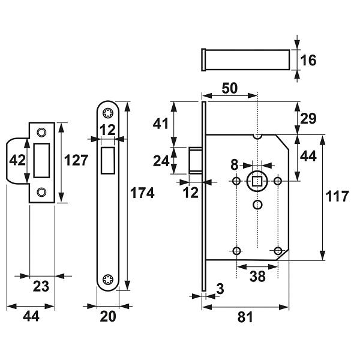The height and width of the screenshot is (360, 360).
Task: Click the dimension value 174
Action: click(142, 193)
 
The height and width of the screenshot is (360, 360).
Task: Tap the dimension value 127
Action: click(76, 160)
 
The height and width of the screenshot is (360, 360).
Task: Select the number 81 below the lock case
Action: click(245, 317)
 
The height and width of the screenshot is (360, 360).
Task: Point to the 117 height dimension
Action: click(337, 196)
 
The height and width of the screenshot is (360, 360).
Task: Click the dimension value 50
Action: click(230, 88)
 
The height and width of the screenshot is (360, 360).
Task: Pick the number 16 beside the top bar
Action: click(308, 60)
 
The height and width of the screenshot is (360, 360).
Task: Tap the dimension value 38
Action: click(257, 276)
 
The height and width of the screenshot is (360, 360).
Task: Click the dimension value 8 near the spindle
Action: click(235, 165)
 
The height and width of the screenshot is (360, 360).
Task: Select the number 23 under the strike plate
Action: click(41, 286)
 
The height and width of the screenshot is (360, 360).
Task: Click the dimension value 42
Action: click(17, 160)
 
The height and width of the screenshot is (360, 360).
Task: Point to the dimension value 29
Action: click(308, 118)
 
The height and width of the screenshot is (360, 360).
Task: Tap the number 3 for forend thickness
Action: click(220, 289)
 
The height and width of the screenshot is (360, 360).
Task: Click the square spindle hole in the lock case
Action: click(257, 181)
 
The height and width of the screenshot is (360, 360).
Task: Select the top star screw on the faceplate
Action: click(107, 113)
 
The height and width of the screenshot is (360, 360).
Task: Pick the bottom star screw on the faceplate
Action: click(107, 279)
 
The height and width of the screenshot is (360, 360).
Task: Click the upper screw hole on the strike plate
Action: click(41, 133)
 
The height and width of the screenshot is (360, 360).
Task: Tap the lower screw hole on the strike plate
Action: click(41, 192)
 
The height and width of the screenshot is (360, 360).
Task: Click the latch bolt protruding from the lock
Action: click(196, 160)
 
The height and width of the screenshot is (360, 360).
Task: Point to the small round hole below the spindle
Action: click(257, 205)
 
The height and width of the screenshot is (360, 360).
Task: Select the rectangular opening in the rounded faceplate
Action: click(107, 160)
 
